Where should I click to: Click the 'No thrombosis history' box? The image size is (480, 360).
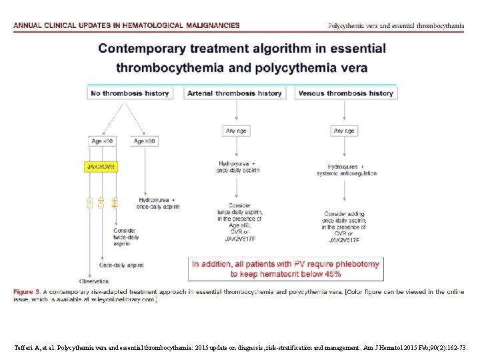click(129, 93)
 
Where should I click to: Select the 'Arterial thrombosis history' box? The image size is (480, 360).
click(235, 93)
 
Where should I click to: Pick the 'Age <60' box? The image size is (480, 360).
click(102, 141)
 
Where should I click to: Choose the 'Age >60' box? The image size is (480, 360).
click(143, 141)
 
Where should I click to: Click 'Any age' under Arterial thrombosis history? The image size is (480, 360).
click(236, 131)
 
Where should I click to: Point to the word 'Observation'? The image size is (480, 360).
click(94, 281)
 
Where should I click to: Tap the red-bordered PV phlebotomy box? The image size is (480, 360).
click(285, 269)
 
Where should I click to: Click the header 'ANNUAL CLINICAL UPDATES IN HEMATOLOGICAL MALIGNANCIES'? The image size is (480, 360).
click(127, 25)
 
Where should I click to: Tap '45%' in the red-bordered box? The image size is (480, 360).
click(329, 274)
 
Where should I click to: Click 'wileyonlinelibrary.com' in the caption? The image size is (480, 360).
click(124, 300)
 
